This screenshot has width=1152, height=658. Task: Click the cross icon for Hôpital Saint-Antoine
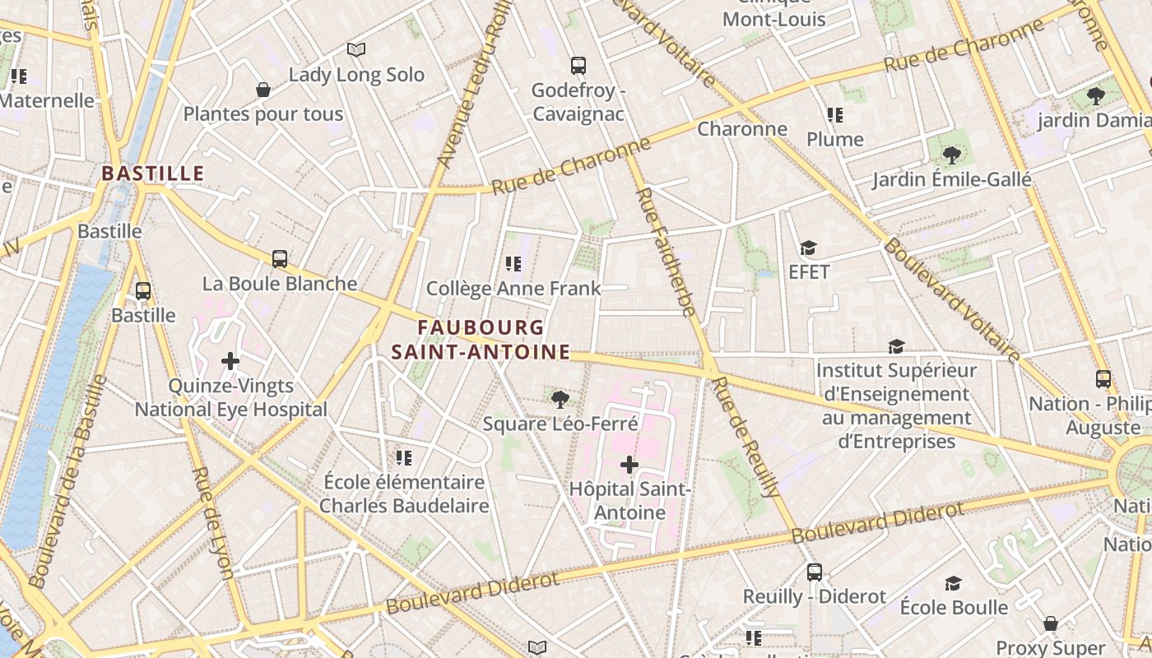[629, 465]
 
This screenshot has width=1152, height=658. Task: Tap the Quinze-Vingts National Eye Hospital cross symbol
[230, 361]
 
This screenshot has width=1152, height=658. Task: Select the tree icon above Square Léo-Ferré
[560, 400]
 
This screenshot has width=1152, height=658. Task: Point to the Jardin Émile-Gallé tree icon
[952, 155]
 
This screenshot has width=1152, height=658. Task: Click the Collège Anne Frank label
[513, 289]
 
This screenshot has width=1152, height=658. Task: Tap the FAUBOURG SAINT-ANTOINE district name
[481, 340]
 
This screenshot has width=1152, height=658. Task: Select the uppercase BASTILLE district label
[152, 174]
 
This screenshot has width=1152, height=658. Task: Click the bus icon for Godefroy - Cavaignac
[578, 65]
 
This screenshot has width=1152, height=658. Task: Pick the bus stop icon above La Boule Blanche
[280, 259]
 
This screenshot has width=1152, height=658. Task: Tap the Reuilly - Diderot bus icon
[815, 572]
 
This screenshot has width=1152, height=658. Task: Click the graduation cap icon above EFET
[809, 248]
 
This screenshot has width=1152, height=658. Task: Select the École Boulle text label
[954, 608]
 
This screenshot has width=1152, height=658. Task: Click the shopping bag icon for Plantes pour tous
[263, 90]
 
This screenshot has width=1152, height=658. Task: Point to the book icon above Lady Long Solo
[356, 50]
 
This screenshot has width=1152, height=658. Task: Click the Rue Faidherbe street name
[666, 252]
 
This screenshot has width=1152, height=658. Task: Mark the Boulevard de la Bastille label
[65, 481]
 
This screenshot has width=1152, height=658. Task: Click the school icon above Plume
[835, 115]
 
